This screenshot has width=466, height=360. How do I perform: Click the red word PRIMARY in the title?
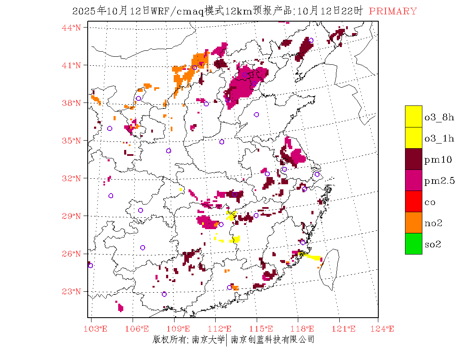point(393,11)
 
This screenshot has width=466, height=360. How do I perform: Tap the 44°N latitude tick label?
point(72,28)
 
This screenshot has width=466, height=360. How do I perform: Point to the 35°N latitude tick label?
point(72,141)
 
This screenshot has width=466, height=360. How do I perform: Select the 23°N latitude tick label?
point(72,291)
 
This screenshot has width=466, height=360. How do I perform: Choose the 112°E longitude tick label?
point(222,329)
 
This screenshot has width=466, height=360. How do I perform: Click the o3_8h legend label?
point(439,117)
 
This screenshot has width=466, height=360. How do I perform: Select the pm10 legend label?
point(438,160)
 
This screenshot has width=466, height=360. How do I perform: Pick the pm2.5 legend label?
point(440,181)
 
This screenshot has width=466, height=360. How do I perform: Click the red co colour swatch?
point(413,202)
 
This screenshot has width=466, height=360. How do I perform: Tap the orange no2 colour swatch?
point(413,223)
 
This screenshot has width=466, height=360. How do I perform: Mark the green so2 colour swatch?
point(413,244)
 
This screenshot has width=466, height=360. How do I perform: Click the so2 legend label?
point(433,244)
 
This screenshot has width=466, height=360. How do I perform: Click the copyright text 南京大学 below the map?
point(208,339)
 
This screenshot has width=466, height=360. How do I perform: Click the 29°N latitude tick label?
point(72,216)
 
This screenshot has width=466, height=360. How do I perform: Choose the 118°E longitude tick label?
point(305,329)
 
